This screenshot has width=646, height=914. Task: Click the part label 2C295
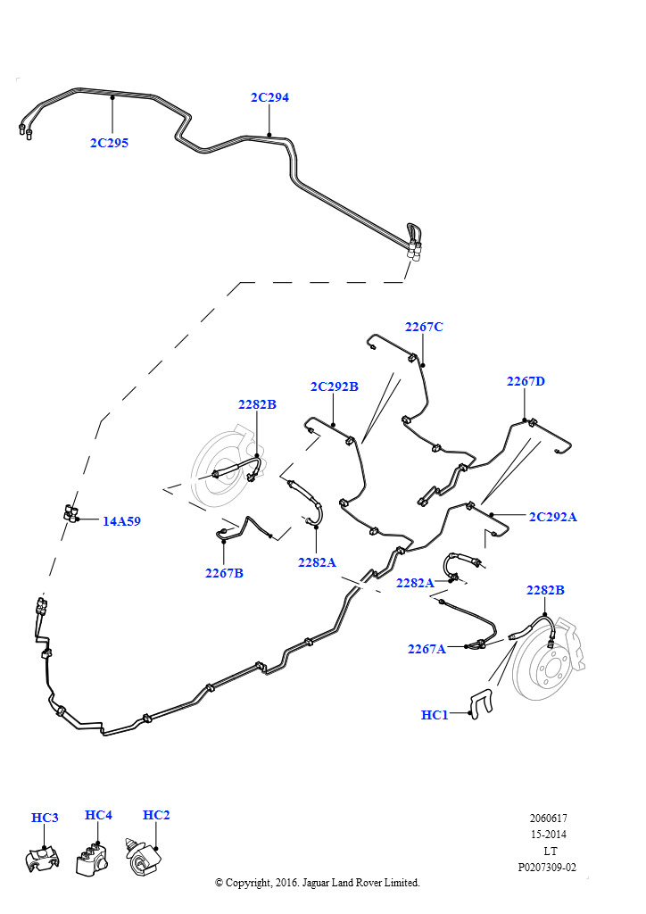point(109,143)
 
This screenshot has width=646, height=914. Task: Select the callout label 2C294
point(269,97)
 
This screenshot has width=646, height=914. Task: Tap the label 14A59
point(121,521)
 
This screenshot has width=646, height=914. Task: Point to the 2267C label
point(424,327)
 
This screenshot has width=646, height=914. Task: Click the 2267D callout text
point(526,381)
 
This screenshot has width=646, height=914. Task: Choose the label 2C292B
point(335,386)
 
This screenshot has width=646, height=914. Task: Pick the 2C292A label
point(553,517)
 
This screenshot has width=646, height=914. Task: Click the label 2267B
point(224,573)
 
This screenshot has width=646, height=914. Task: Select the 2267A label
point(427,649)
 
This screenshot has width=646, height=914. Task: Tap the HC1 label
point(435,715)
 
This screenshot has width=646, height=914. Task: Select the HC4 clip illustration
point(91,858)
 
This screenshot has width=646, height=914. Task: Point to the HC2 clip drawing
point(143,858)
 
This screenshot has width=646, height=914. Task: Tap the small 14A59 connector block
point(71,513)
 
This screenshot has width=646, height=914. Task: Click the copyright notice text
point(318,883)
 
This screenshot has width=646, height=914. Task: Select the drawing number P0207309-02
point(547,868)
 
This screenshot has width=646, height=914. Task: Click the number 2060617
point(548,818)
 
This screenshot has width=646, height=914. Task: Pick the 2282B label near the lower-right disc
point(545,590)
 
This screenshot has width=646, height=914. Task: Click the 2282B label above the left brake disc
point(257,404)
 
